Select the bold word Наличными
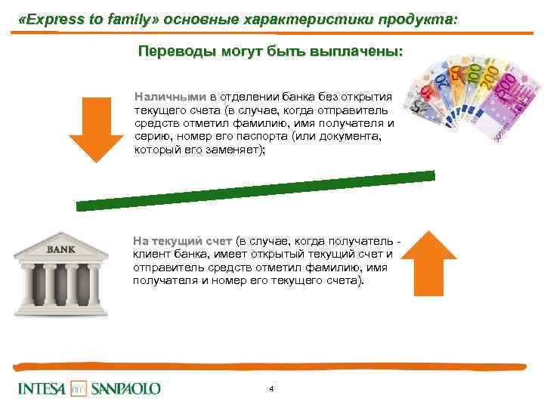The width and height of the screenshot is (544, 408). pos(170,97)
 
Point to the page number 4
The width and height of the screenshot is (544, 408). pos(271,388)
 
